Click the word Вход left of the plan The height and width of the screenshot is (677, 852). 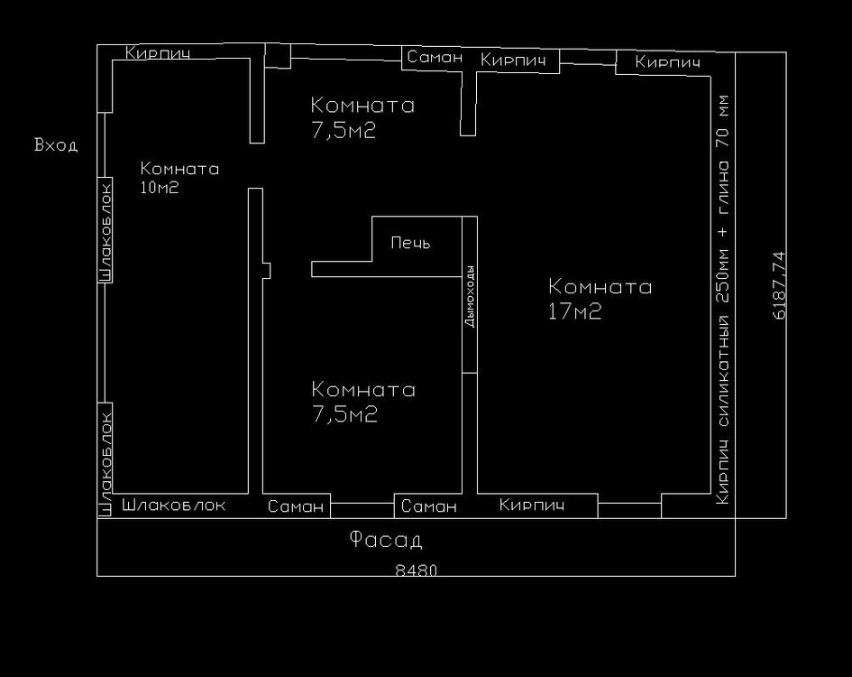56,145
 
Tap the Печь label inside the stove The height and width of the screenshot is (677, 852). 410,243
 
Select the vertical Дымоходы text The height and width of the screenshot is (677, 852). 470,296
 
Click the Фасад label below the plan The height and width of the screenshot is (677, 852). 385,540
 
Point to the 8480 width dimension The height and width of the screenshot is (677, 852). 417,570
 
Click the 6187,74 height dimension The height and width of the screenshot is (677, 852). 779,285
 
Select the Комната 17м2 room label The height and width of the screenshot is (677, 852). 600,299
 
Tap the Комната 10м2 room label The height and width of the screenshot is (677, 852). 179,178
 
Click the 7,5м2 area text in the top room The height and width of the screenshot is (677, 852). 344,131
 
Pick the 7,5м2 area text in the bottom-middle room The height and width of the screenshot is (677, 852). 344,415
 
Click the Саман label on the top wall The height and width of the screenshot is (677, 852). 435,57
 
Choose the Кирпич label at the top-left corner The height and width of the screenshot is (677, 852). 158,52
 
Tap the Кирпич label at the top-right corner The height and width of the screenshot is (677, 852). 667,62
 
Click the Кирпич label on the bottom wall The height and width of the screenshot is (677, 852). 531,505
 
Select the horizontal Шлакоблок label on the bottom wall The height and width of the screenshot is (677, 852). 173,505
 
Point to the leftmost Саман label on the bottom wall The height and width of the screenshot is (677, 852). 296,506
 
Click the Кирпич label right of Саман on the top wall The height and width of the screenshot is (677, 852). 513,60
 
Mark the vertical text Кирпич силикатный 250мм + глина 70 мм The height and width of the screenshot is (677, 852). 723,300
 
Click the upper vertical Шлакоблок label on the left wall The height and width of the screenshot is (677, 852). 106,232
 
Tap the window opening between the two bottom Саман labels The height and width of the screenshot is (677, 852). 362,510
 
